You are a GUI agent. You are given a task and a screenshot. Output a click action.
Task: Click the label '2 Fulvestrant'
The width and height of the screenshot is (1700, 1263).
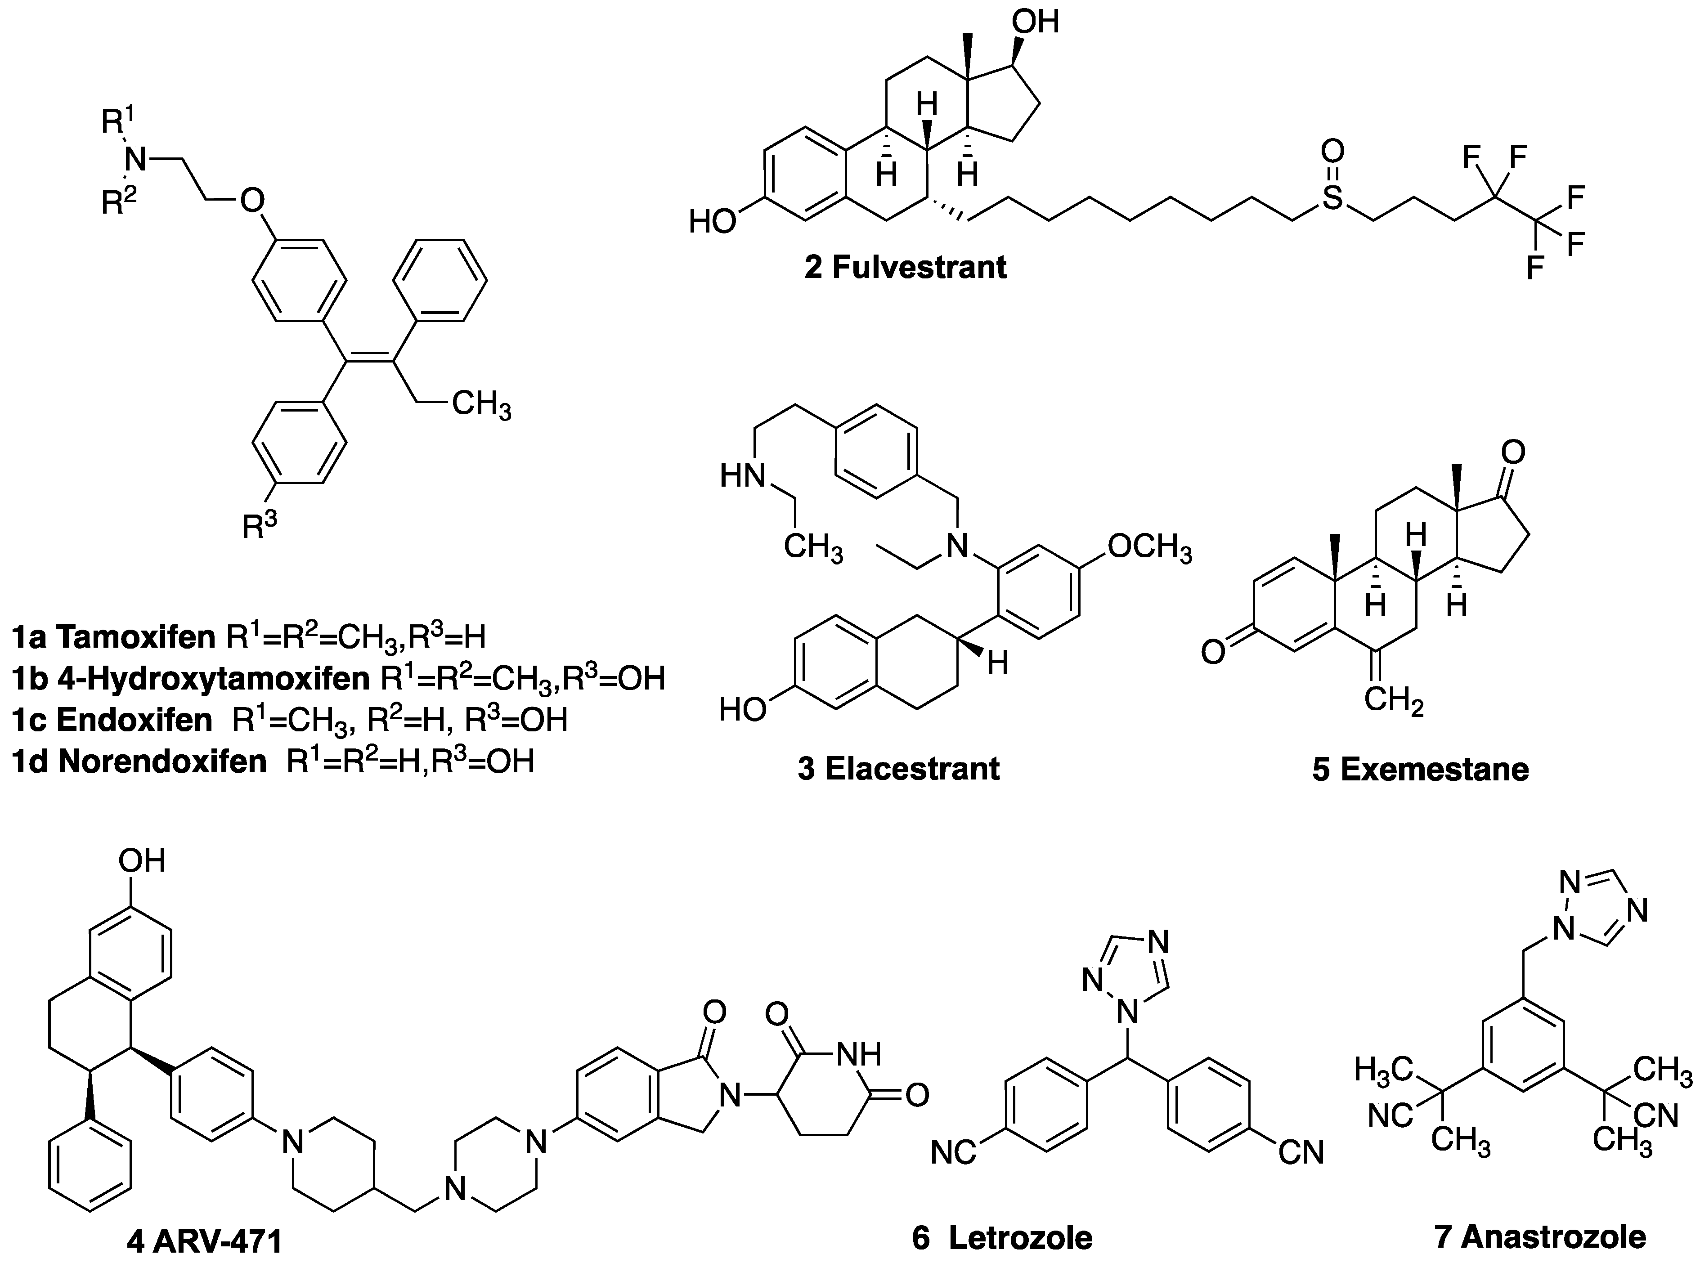pyautogui.click(x=906, y=268)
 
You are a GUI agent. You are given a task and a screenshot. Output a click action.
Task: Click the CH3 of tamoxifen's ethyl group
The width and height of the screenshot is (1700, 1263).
pyautogui.click(x=481, y=403)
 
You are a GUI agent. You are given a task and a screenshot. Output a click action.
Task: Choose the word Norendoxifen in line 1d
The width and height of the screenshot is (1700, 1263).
pyautogui.click(x=162, y=761)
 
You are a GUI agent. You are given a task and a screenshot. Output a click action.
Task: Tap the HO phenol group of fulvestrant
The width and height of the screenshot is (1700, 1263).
pyautogui.click(x=711, y=222)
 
